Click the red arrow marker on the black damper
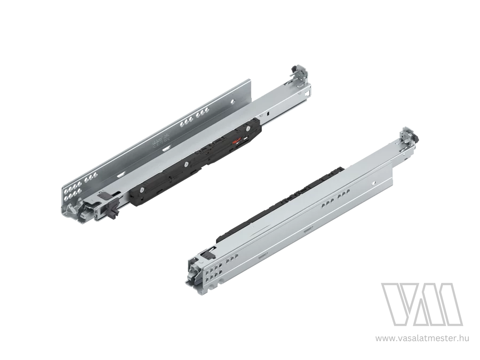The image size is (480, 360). click(x=236, y=141)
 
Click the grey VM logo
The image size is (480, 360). click(x=422, y=305)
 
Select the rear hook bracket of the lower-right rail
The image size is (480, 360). click(x=409, y=135)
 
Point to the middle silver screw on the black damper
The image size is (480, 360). click(x=186, y=164)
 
